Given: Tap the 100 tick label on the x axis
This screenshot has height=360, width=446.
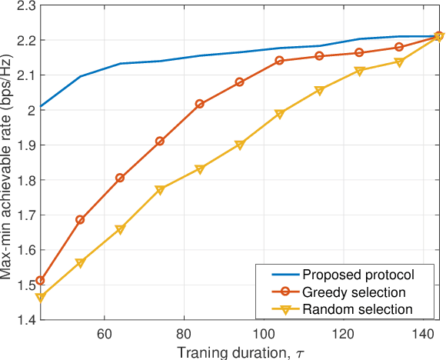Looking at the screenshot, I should [263, 335].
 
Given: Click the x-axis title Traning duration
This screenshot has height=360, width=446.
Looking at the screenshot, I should [239, 352].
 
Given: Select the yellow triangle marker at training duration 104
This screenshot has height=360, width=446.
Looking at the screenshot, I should [280, 114].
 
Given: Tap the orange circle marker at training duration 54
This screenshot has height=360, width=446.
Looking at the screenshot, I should [81, 220].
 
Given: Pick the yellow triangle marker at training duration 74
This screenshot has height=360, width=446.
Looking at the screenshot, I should [160, 190].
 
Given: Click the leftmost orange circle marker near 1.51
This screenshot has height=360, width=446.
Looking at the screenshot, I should [41, 281].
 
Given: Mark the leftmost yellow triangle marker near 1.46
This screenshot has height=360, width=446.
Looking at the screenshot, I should [41, 298].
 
